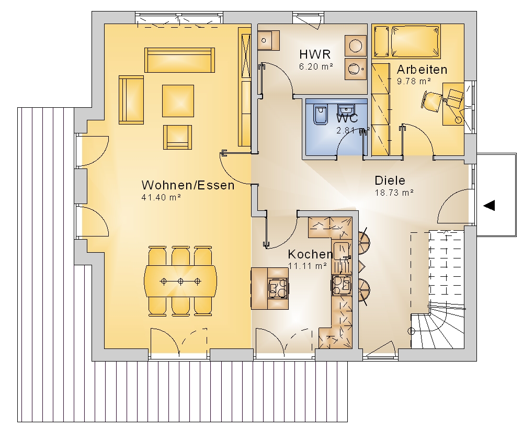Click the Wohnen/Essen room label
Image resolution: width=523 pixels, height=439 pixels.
coord(188,185)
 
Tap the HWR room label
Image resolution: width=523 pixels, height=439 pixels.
coord(315,54)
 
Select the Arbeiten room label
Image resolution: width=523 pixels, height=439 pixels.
coord(422,70)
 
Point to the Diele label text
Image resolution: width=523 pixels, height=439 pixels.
coord(390,181)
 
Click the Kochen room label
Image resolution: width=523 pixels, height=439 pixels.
coord(310,254)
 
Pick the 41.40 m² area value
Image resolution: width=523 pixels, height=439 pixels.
coord(161,197)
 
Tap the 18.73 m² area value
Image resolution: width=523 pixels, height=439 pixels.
coord(394,193)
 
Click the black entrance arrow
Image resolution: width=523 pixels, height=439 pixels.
coord(489,206)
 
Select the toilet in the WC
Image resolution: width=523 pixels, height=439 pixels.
coord(321,115)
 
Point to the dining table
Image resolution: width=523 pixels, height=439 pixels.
coord(180,281)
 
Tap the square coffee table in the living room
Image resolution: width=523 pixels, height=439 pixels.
coord(178,101)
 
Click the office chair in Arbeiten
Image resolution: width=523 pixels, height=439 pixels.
coord(433,100)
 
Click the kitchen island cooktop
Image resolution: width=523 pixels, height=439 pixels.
coord(278,288)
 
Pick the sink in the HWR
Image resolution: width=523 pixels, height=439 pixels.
coord(268,40)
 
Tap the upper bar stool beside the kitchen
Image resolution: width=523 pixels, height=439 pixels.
coord(363,241)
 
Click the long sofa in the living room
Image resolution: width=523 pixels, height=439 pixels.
coord(179,60)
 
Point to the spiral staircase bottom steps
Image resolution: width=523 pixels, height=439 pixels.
coord(437,328)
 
